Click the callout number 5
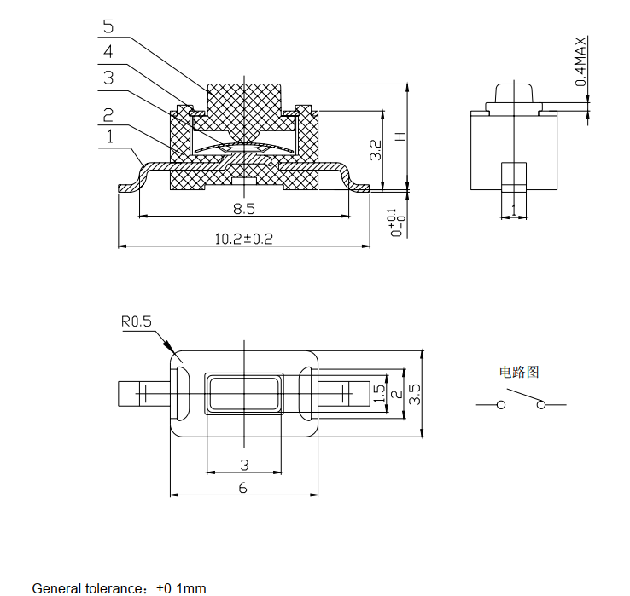coord(108,26)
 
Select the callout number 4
coord(108,52)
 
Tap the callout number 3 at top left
coord(108,78)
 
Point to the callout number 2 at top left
coord(108,115)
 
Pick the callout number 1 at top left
coord(110,137)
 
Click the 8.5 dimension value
coord(244,208)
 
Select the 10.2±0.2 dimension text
coord(244,239)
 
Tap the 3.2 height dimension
coord(376,150)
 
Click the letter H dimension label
coord(400,136)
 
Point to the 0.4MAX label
coord(580,61)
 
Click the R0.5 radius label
coord(137,321)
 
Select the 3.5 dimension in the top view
coord(415,394)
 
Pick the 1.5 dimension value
coord(379,394)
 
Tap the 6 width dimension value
coord(242,488)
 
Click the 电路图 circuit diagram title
coord(519,372)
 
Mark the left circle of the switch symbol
coord(500,405)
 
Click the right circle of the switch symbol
coord(541,405)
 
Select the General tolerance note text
coord(119,589)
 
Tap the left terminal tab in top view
coord(143,394)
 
